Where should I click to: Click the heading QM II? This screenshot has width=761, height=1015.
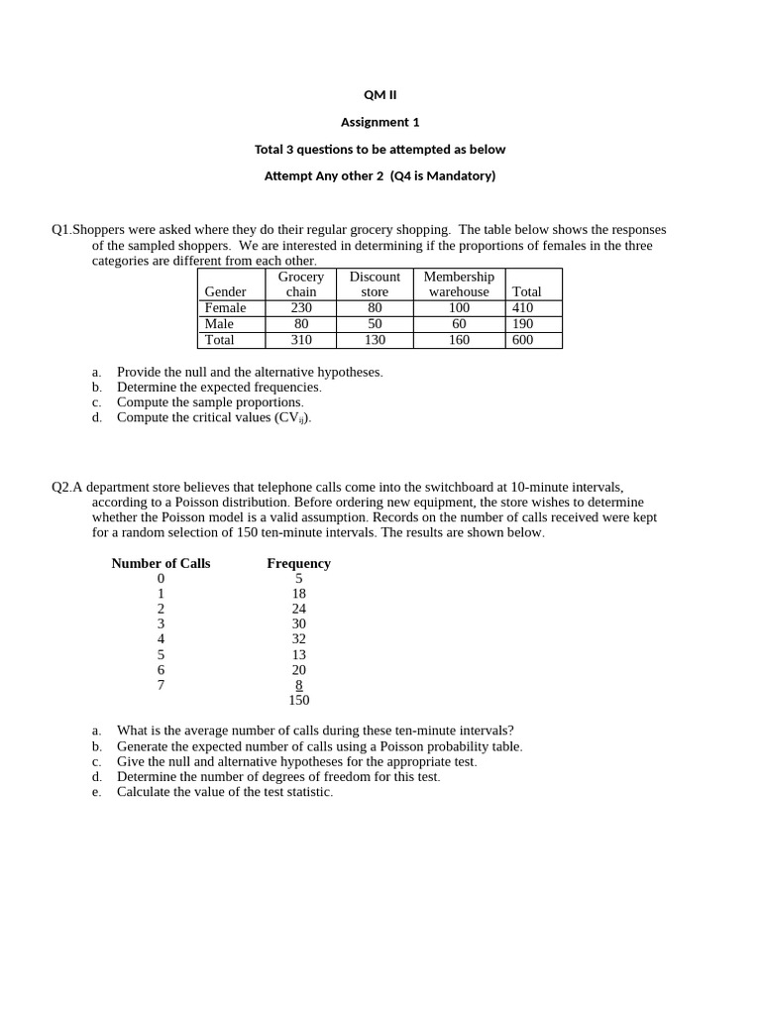point(380,95)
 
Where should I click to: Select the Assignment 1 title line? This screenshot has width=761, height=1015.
point(380,122)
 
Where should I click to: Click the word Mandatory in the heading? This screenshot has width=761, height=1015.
point(453,176)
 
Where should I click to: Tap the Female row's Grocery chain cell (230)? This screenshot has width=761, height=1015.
point(301,308)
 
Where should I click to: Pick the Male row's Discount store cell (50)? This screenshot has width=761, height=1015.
point(375,324)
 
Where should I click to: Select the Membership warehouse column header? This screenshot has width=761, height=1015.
point(459,284)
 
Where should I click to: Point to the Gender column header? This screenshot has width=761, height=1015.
point(225,292)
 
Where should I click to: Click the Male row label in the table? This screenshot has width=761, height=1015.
point(219,324)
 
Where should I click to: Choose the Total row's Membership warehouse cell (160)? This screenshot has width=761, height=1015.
point(459,340)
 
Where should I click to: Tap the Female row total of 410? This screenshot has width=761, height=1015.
point(522,308)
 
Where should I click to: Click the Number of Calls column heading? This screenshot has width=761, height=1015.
point(161,563)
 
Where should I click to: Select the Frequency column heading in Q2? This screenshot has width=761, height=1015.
point(298,563)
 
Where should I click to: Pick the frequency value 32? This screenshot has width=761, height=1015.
point(299,639)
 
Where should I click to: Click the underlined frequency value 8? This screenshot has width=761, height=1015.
point(299,685)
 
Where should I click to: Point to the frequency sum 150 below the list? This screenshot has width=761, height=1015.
point(299,700)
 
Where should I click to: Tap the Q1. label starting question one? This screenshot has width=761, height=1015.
point(61,230)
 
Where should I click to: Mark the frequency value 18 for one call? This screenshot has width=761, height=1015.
point(299,594)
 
